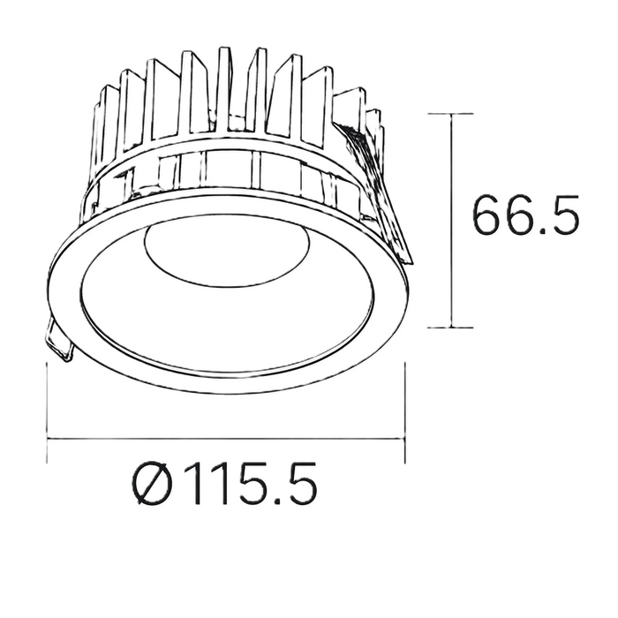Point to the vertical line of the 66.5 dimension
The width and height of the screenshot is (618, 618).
[452, 221]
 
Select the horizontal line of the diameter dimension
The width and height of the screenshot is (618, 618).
[226, 438]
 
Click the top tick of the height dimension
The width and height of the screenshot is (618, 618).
[452, 114]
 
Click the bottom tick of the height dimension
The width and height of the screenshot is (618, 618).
[452, 327]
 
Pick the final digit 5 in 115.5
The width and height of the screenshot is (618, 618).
[298, 486]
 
